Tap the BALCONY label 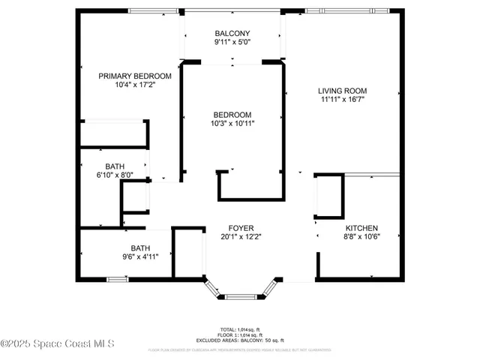[232, 33]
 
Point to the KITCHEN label [361, 229]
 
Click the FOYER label [241, 228]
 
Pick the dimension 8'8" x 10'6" [361, 238]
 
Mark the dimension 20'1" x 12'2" [241, 237]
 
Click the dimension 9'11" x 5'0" [232, 42]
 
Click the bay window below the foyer [241, 295]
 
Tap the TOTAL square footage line [241, 329]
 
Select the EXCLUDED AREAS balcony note [241, 340]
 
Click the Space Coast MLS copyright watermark [58, 344]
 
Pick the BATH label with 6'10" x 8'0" [115, 166]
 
